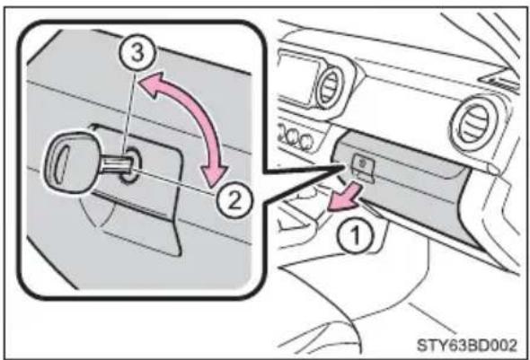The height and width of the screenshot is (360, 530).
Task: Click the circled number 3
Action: pyautogui.click(x=137, y=53)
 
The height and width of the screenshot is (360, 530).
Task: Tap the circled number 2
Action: pyautogui.click(x=234, y=200)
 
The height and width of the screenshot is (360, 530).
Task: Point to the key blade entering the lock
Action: pyautogui.click(x=116, y=162)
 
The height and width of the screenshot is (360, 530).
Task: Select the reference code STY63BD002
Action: pyautogui.click(x=467, y=346)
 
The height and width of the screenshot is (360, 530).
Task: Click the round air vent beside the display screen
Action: pyautogui.click(x=329, y=86)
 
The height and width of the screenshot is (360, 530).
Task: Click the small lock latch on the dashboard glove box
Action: pyautogui.click(x=363, y=166)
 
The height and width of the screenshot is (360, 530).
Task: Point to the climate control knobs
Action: pyautogui.click(x=295, y=137)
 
